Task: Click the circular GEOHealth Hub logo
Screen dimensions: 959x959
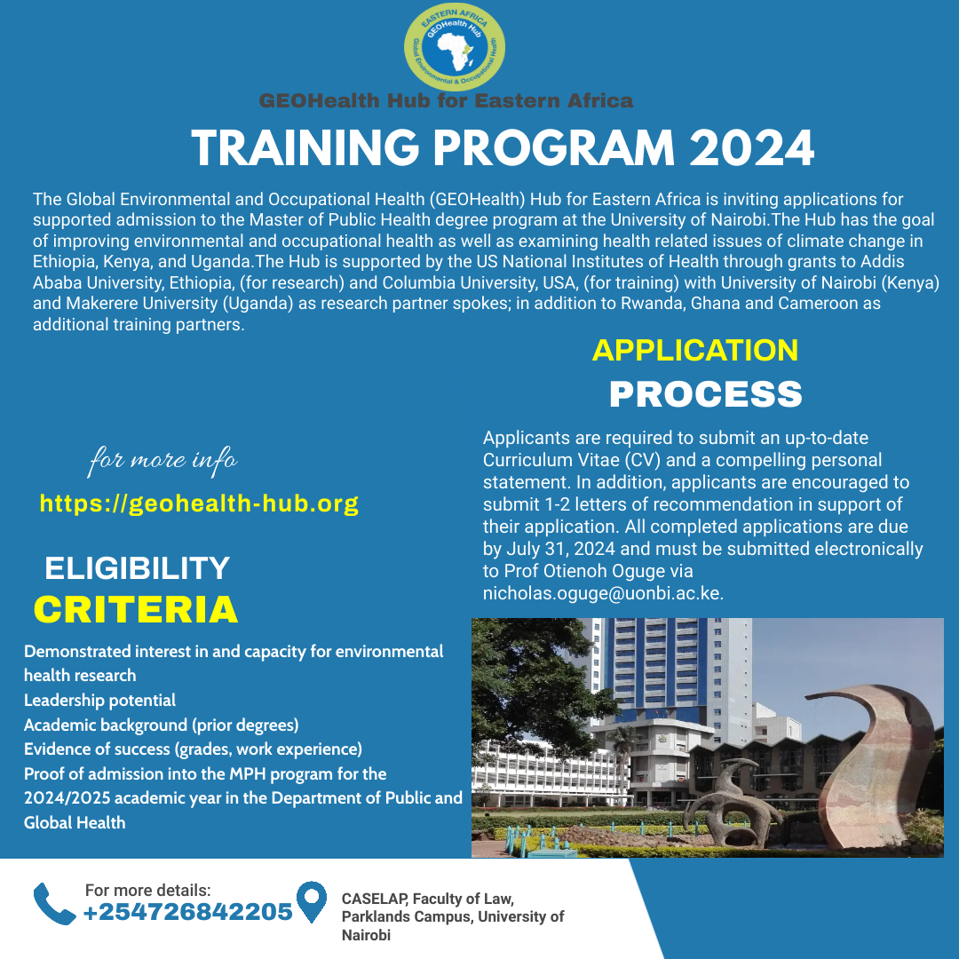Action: pyautogui.click(x=455, y=47)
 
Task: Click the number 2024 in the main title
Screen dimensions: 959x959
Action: pyautogui.click(x=752, y=148)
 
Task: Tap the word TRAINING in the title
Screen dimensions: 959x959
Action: pyautogui.click(x=305, y=148)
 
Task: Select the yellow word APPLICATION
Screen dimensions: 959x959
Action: pyautogui.click(x=694, y=351)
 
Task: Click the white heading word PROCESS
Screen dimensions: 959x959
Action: pyautogui.click(x=706, y=394)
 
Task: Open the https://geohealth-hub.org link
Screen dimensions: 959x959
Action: pyautogui.click(x=199, y=503)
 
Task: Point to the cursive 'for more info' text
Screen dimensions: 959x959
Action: pyautogui.click(x=162, y=460)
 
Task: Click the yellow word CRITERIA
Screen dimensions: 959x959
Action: pyautogui.click(x=136, y=610)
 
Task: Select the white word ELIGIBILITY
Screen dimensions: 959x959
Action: pyautogui.click(x=137, y=568)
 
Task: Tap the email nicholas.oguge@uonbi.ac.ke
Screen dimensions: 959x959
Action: pyautogui.click(x=602, y=593)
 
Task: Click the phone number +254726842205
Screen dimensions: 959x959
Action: pyautogui.click(x=187, y=912)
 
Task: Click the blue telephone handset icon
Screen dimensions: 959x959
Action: pyautogui.click(x=54, y=904)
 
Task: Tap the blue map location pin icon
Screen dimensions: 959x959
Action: pyautogui.click(x=312, y=901)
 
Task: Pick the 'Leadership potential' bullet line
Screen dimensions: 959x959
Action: pyautogui.click(x=99, y=701)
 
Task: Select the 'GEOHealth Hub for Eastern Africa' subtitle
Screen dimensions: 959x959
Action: pyautogui.click(x=446, y=100)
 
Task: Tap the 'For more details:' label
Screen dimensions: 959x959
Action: pyautogui.click(x=147, y=890)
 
